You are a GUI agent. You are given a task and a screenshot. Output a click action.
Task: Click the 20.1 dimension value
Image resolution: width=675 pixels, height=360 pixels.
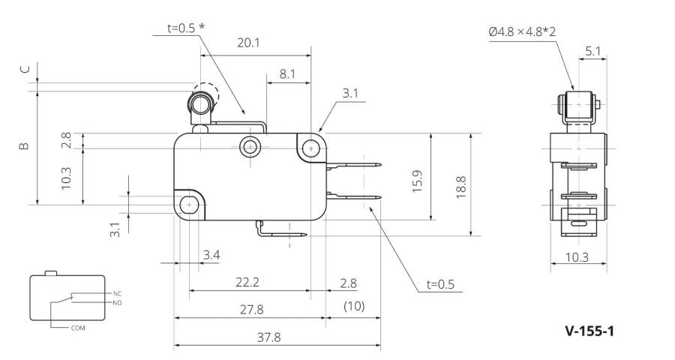tap(248, 43)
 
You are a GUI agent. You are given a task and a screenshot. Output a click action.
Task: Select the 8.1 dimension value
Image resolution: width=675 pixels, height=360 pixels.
tap(287, 74)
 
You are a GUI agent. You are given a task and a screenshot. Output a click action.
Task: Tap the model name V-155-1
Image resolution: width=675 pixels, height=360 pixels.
tap(589, 331)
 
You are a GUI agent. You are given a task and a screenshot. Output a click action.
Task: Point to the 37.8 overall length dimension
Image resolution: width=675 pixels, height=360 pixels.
tap(269, 337)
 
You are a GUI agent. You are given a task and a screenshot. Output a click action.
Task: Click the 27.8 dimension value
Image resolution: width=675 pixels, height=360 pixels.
tap(251, 310)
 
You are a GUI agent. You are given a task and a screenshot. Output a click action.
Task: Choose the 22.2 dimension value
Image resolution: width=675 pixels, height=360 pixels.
tap(247, 283)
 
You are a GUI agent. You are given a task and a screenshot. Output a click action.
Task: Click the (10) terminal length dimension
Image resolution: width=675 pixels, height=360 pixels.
tap(354, 306)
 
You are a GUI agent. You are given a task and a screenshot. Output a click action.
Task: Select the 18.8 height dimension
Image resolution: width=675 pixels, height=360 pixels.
tap(461, 187)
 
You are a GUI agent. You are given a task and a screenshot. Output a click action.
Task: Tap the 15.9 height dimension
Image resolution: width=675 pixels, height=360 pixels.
tap(417, 181)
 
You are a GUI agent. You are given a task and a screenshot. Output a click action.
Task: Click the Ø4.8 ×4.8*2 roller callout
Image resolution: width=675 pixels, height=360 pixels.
tap(522, 31)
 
